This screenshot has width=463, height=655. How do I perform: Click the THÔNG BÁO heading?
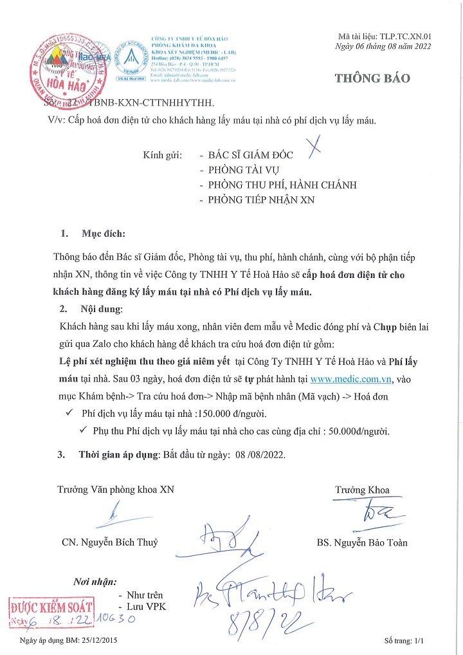pos(372,78)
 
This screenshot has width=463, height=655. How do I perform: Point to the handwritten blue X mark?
pos(313,148)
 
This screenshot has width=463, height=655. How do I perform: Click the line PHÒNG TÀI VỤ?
pos(243,170)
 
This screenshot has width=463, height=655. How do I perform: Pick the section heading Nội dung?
pos(102,309)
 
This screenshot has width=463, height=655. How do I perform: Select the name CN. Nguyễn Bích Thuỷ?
pos(110,542)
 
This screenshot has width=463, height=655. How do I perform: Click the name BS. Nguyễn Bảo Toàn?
pos(362,542)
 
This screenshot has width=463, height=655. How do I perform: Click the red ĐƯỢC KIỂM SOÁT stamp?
pos(51,607)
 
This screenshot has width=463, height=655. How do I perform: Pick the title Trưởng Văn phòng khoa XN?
pos(115,490)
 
